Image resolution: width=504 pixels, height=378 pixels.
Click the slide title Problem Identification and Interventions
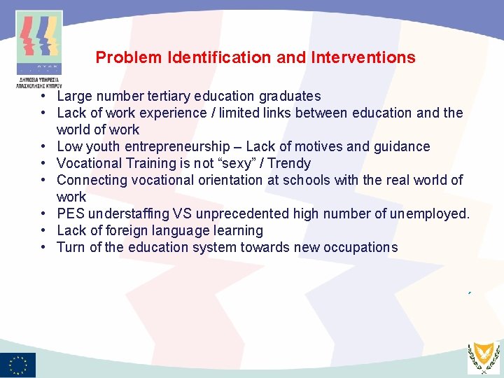coord(255,57)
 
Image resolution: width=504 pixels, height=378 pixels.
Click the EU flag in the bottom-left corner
coord(18,365)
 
